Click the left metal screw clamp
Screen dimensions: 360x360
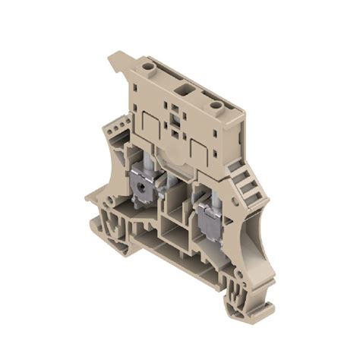[141, 185]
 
